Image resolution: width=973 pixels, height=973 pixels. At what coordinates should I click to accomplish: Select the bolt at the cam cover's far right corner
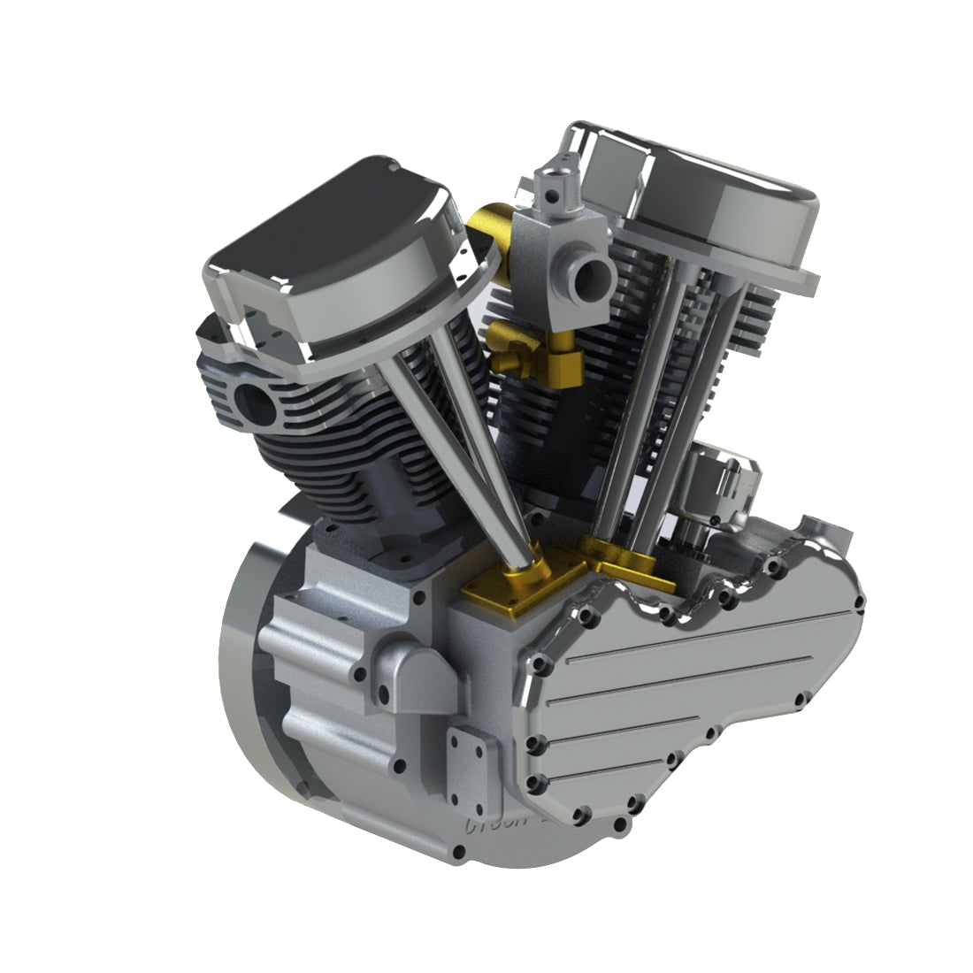(x=858, y=602)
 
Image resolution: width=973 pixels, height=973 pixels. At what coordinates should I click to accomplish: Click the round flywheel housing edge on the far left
(x=234, y=672)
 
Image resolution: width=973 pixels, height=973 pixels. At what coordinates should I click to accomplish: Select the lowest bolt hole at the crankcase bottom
(x=457, y=853)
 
